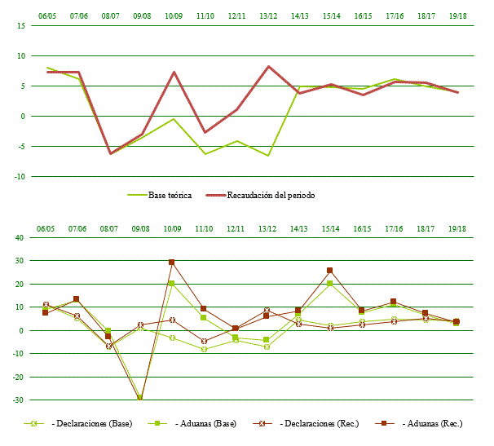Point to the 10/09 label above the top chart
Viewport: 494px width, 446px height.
click(173, 15)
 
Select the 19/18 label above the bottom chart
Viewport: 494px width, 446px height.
click(457, 228)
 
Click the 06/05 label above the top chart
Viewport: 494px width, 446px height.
click(47, 15)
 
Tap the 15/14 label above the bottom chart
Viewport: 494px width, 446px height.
click(331, 228)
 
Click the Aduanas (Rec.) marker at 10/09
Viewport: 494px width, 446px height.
click(172, 263)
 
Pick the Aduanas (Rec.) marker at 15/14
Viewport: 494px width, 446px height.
click(330, 271)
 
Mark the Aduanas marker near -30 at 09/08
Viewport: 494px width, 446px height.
click(140, 398)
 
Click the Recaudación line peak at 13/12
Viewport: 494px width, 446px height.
click(268, 67)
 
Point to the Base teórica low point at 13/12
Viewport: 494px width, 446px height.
click(268, 155)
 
